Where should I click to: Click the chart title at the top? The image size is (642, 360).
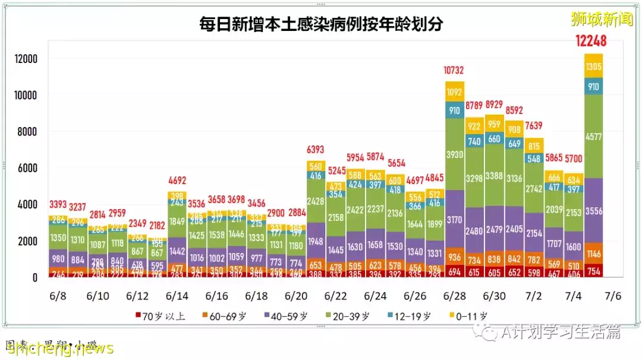click(x=321, y=24)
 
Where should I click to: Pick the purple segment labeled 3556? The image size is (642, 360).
click(x=593, y=210)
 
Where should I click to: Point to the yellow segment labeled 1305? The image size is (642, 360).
click(x=593, y=67)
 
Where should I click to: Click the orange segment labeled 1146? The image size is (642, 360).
click(x=593, y=254)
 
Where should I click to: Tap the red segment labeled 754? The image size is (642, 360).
click(x=593, y=271)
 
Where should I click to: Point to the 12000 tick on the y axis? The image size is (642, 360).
click(x=26, y=59)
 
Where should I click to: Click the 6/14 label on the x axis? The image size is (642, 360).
click(x=177, y=295)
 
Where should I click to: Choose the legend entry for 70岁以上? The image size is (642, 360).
click(x=160, y=316)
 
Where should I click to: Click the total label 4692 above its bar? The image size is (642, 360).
click(x=177, y=181)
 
